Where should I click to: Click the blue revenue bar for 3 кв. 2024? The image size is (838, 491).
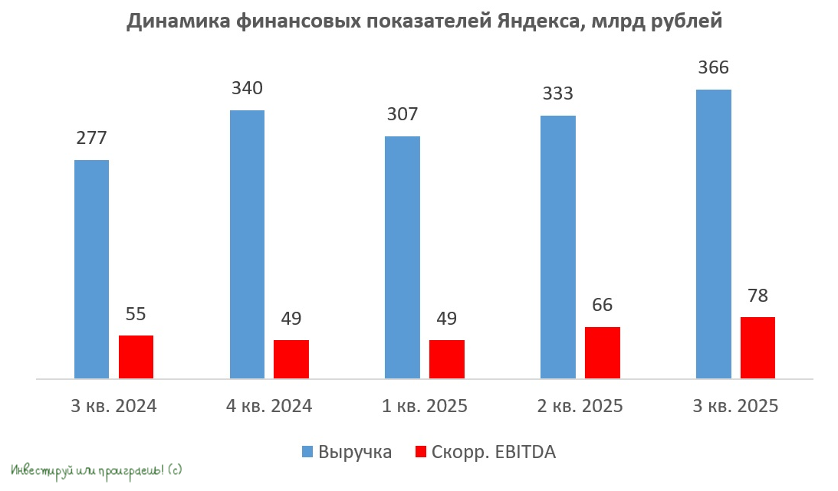click(91, 269)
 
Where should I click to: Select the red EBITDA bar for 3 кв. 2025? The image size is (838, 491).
click(757, 347)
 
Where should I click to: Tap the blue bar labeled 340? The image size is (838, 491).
click(247, 244)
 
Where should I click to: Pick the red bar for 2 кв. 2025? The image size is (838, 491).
click(602, 352)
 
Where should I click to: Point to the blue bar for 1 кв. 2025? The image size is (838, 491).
click(402, 257)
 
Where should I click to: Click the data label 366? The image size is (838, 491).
click(713, 68)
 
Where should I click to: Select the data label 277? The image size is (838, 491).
click(91, 139)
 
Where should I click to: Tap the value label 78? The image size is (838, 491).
click(757, 296)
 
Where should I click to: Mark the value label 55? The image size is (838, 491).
click(136, 314)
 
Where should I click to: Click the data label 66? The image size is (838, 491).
click(602, 306)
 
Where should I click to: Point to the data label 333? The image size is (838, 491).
click(557, 94)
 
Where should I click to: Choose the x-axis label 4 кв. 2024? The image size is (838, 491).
click(269, 406)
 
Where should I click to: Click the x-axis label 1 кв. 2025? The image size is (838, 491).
click(425, 406)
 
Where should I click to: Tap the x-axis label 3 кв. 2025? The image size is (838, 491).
click(735, 406)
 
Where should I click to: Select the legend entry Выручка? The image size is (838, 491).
click(354, 452)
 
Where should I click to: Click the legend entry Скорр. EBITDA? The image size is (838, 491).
click(493, 452)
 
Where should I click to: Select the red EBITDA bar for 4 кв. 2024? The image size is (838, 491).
click(291, 358)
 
